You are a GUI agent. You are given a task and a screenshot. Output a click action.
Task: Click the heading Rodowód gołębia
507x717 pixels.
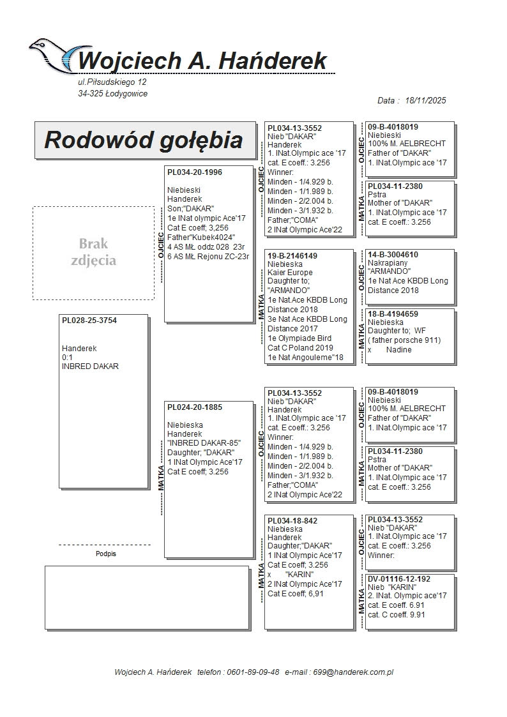pyautogui.click(x=143, y=140)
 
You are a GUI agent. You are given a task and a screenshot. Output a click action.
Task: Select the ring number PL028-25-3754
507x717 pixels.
pyautogui.click(x=89, y=321)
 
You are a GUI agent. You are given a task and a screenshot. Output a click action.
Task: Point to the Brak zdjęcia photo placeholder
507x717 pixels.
pyautogui.click(x=93, y=252)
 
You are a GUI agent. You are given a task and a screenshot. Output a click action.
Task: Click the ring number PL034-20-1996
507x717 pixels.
pyautogui.click(x=195, y=172)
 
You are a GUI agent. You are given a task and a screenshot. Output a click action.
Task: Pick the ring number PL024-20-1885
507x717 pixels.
pyautogui.click(x=195, y=407)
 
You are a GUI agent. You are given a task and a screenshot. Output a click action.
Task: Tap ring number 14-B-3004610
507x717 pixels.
pyautogui.click(x=393, y=255)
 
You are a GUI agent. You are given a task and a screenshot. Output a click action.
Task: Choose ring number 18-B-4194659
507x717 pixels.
pyautogui.click(x=393, y=314)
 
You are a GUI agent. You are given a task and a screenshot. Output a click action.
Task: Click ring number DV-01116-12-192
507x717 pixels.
pyautogui.click(x=399, y=579)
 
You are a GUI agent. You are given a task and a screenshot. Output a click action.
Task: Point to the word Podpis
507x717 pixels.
pyautogui.click(x=105, y=554)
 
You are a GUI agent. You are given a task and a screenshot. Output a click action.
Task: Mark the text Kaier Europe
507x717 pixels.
pyautogui.click(x=291, y=273)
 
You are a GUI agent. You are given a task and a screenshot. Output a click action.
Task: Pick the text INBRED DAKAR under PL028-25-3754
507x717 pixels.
pyautogui.click(x=90, y=366)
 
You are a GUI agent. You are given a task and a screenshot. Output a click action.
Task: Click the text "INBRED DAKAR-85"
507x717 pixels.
pyautogui.click(x=204, y=443)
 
